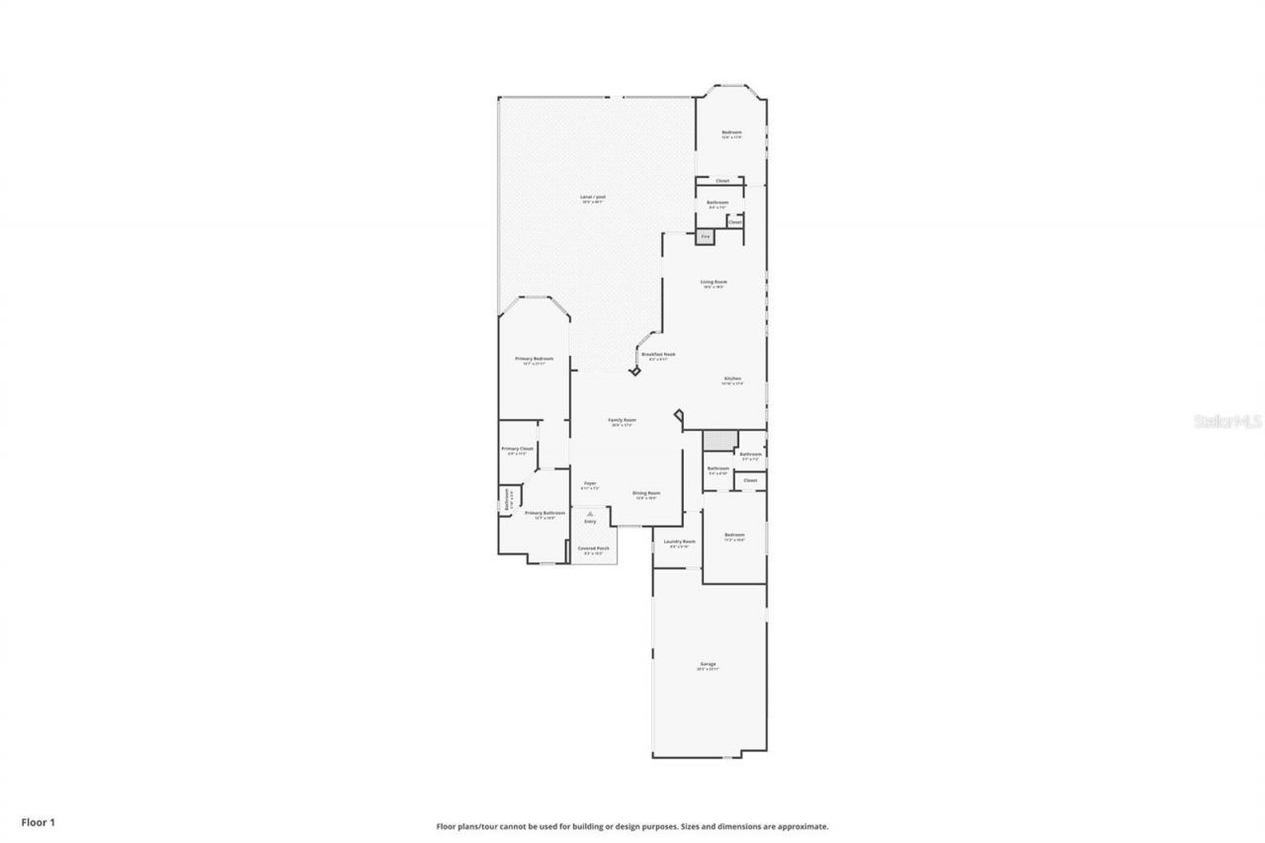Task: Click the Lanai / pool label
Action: click(593, 197)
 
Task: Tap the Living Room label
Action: click(714, 282)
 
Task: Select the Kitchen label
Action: click(732, 379)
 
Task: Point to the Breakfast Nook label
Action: click(658, 354)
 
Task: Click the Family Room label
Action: click(623, 420)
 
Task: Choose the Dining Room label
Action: click(646, 492)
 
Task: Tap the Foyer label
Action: click(590, 482)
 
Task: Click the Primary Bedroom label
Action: click(534, 358)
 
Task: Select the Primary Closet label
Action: click(517, 448)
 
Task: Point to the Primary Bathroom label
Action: click(545, 513)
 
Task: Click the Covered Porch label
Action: click(594, 548)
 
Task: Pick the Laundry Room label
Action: click(679, 541)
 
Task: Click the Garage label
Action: click(708, 663)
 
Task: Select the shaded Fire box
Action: click(705, 236)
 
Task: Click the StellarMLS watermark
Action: click(1227, 421)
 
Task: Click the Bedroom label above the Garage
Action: click(734, 535)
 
